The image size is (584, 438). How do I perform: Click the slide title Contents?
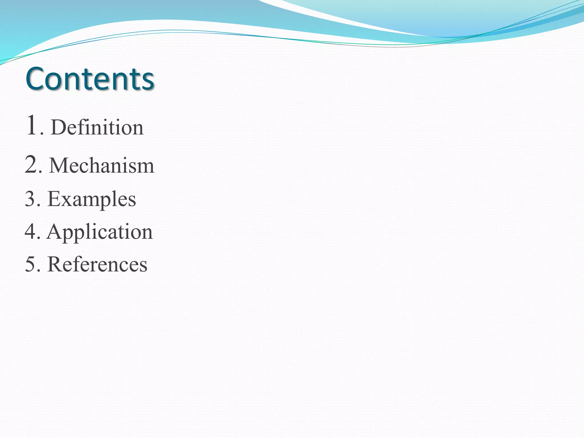90,78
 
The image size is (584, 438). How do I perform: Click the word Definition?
97,127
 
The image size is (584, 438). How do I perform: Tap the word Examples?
92,199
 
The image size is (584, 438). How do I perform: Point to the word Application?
100,232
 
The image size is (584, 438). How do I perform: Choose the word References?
97,264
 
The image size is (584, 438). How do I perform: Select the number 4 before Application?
31,231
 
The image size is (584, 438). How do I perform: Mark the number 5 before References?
30,264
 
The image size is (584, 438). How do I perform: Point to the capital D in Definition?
59,127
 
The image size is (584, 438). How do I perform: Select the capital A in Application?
56,231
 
